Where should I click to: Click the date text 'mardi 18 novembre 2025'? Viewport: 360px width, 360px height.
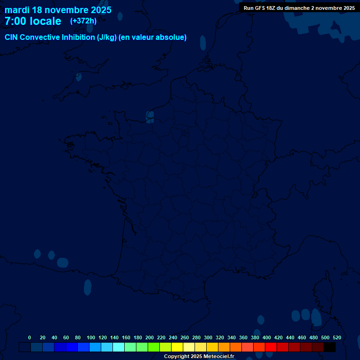pyautogui.click(x=58, y=10)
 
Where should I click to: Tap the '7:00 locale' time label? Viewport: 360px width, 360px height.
pyautogui.click(x=33, y=21)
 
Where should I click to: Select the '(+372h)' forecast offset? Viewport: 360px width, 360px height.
pyautogui.click(x=83, y=21)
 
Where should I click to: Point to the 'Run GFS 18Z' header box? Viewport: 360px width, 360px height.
pyautogui.click(x=299, y=7)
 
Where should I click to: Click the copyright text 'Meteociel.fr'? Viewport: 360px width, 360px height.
pyautogui.click(x=219, y=356)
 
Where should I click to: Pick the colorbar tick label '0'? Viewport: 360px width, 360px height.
pyautogui.click(x=30, y=337)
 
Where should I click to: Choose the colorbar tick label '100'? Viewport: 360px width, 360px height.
pyautogui.click(x=91, y=337)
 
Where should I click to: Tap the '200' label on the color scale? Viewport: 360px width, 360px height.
pyautogui.click(x=150, y=337)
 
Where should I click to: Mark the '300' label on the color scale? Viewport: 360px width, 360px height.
pyautogui.click(x=208, y=337)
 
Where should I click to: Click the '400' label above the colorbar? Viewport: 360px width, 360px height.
pyautogui.click(x=267, y=337)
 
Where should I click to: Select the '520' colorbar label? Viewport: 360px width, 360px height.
pyautogui.click(x=337, y=337)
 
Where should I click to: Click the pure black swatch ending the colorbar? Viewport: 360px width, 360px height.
pyautogui.click(x=330, y=347)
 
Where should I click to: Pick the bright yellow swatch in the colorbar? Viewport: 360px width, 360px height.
pyautogui.click(x=177, y=347)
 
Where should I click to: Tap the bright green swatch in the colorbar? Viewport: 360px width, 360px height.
pyautogui.click(x=154, y=347)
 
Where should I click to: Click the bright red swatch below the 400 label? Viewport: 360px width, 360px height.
pyautogui.click(x=271, y=347)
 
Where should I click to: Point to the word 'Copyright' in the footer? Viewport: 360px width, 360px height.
pyautogui.click(x=176, y=356)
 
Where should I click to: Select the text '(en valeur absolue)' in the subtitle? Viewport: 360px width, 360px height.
pyautogui.click(x=153, y=37)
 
